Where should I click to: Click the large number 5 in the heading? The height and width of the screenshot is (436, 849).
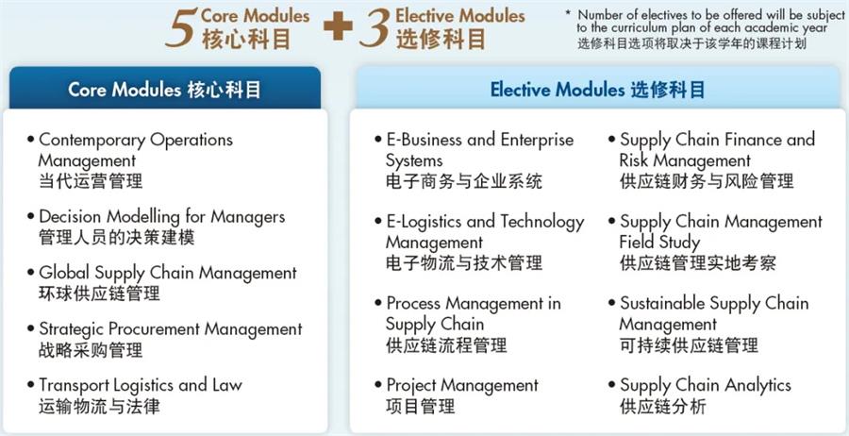pyautogui.click(x=180, y=28)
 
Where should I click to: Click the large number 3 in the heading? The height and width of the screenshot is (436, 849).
pyautogui.click(x=375, y=28)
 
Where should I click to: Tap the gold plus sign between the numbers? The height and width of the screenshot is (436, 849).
pyautogui.click(x=337, y=27)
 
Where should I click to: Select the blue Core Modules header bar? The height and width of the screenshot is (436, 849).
pyautogui.click(x=164, y=89)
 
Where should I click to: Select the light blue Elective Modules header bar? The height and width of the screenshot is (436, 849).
pyautogui.click(x=597, y=89)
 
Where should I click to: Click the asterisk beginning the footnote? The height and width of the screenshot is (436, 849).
pyautogui.click(x=568, y=14)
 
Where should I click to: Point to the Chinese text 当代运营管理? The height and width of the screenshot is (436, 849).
pyautogui.click(x=91, y=181)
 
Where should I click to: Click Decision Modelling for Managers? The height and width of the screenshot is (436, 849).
pyautogui.click(x=161, y=217)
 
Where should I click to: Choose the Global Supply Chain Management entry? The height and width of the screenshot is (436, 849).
pyautogui.click(x=167, y=273)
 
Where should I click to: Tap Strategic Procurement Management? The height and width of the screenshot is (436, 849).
pyautogui.click(x=170, y=329)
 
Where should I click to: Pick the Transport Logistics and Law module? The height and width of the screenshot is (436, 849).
pyautogui.click(x=140, y=385)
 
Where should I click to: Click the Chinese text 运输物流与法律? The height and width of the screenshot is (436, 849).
pyautogui.click(x=99, y=407)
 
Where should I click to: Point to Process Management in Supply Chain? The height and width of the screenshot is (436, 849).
pyautogui.click(x=473, y=313)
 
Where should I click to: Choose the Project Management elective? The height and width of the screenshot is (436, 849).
pyautogui.click(x=462, y=385)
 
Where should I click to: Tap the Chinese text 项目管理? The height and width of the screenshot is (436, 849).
pyautogui.click(x=420, y=407)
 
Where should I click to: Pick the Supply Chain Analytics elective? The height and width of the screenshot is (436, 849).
pyautogui.click(x=705, y=385)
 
